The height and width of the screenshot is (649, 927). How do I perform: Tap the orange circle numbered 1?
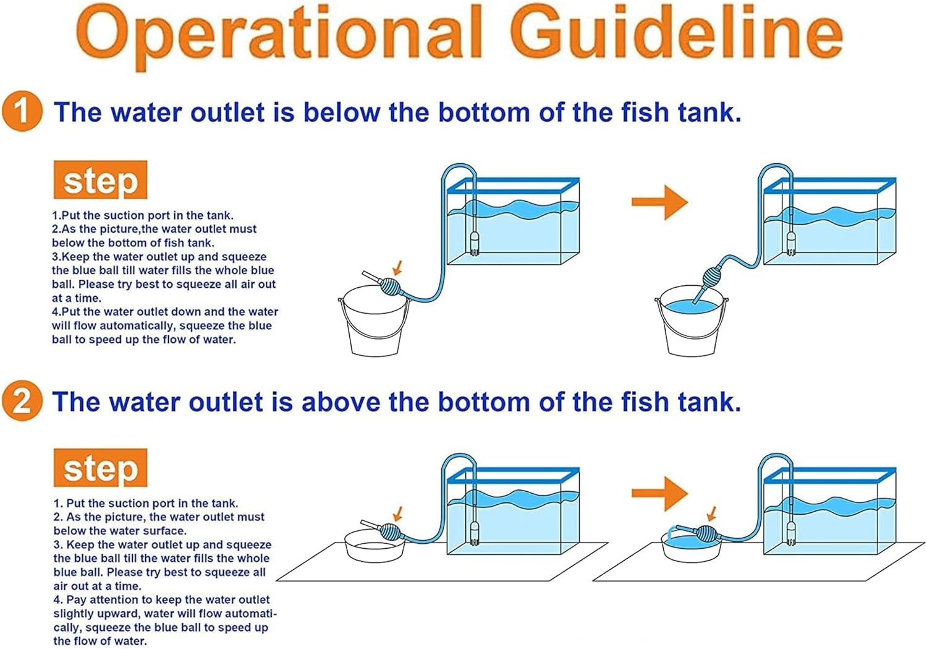(22, 111)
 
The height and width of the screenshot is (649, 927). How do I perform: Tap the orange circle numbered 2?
(22, 401)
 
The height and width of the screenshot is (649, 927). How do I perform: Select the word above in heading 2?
(341, 402)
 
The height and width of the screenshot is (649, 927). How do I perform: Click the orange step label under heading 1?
(101, 180)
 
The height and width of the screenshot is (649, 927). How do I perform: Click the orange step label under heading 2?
(101, 468)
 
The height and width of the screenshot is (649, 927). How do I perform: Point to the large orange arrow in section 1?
(659, 202)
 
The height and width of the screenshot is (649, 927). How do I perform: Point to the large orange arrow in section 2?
(659, 493)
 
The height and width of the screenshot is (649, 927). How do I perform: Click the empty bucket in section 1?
(374, 321)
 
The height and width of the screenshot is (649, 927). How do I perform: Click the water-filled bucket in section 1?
(692, 320)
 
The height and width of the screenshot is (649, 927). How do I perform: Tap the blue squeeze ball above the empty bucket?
(390, 286)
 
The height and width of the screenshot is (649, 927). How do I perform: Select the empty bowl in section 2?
(375, 546)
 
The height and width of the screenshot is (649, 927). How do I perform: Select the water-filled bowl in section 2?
(692, 546)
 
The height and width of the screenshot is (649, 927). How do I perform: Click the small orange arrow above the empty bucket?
(398, 267)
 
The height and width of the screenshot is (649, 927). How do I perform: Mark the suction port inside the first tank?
(474, 244)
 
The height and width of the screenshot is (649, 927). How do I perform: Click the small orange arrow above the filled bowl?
(712, 514)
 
